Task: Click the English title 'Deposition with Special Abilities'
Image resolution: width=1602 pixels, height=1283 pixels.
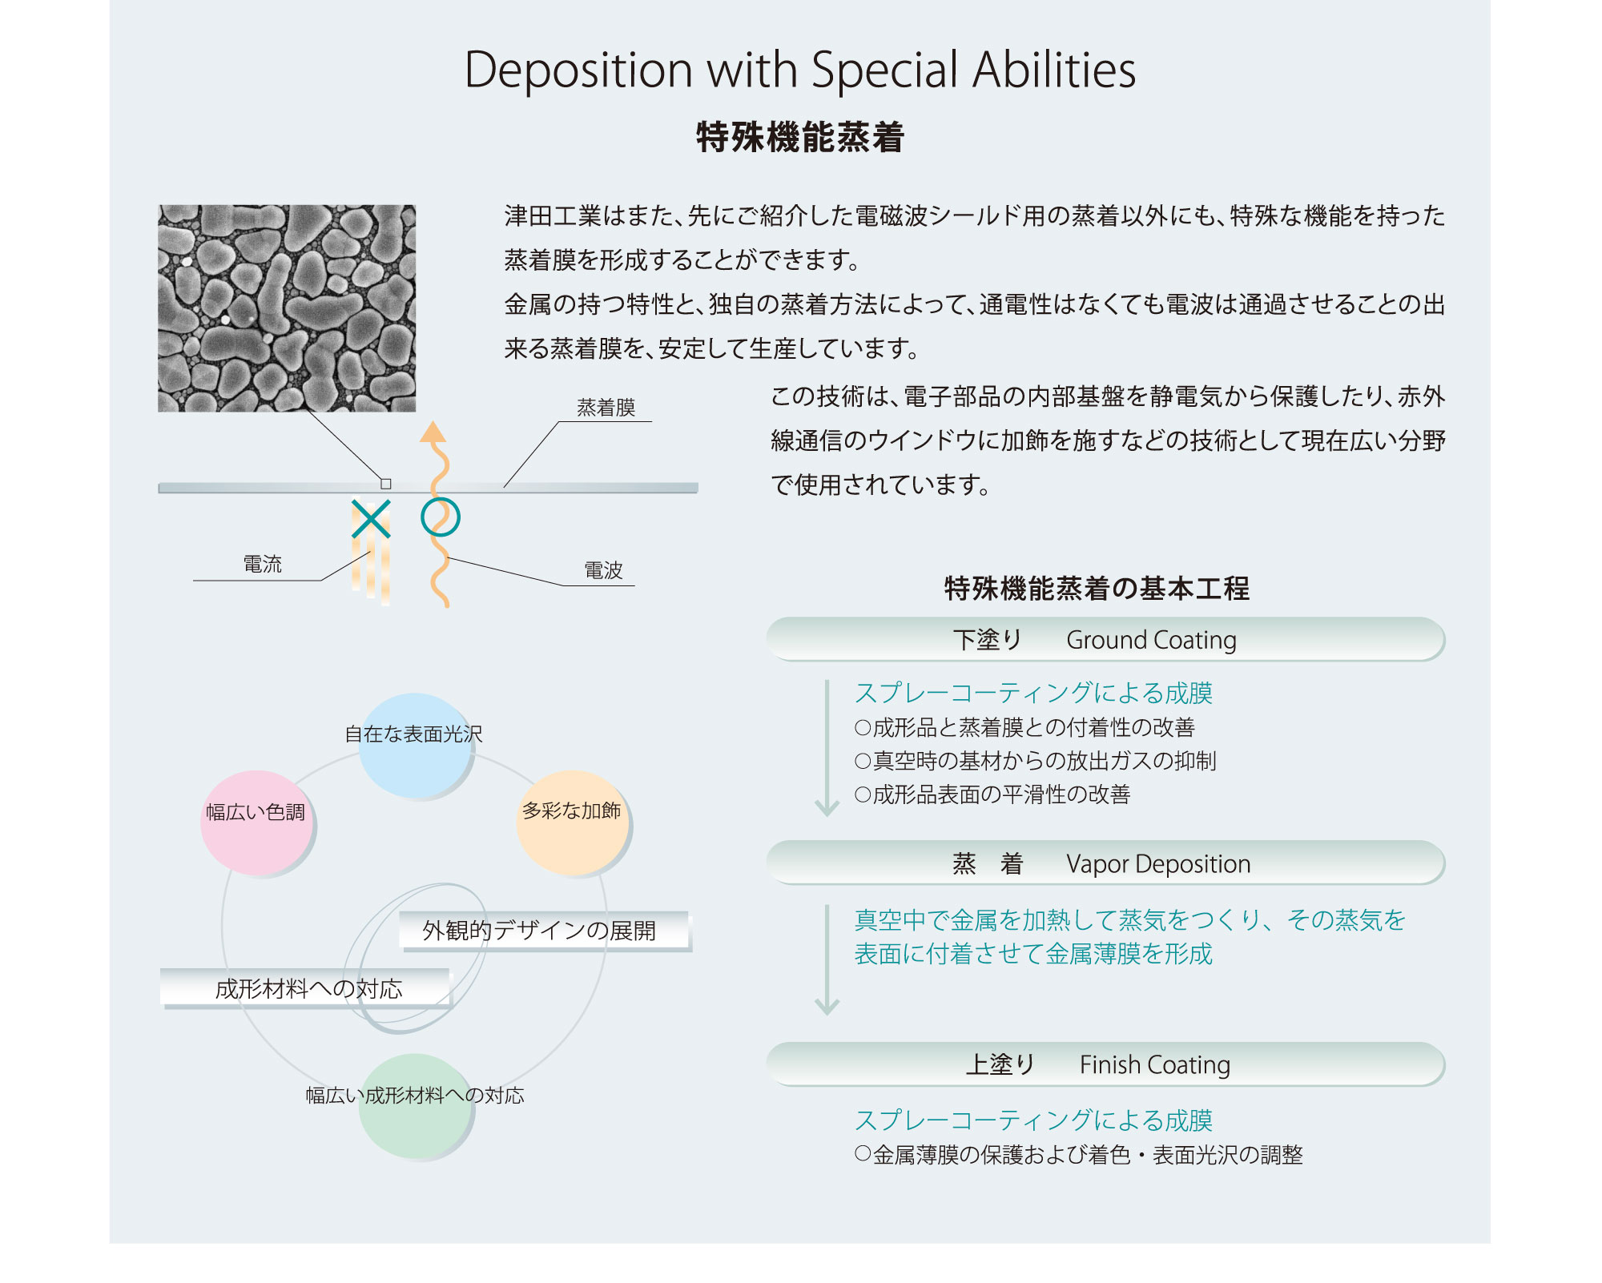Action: [799, 70]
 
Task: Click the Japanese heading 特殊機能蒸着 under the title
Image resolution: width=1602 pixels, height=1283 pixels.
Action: [799, 137]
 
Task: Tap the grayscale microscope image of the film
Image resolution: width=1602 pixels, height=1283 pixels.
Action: [287, 308]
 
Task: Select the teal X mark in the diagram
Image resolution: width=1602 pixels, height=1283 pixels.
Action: [371, 518]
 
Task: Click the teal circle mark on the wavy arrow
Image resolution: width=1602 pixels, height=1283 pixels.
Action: [440, 517]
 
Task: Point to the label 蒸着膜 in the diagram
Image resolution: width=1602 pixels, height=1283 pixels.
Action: [606, 408]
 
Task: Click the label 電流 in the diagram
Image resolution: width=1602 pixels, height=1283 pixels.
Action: [263, 565]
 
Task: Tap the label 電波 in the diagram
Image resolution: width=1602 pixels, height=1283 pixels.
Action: [603, 570]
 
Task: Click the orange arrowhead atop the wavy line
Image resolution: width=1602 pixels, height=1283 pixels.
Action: [433, 432]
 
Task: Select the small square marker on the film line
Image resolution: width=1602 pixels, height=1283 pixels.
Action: [386, 484]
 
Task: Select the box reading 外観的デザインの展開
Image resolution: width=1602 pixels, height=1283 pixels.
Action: [543, 931]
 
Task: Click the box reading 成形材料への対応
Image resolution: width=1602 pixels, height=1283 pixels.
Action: [307, 988]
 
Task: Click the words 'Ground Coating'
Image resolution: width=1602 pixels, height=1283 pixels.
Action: [1151, 640]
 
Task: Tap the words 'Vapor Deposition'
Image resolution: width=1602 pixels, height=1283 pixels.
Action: [1157, 864]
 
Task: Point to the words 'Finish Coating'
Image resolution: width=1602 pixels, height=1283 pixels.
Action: [1154, 1064]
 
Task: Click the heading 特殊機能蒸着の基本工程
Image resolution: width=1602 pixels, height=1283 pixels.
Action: [1097, 589]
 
